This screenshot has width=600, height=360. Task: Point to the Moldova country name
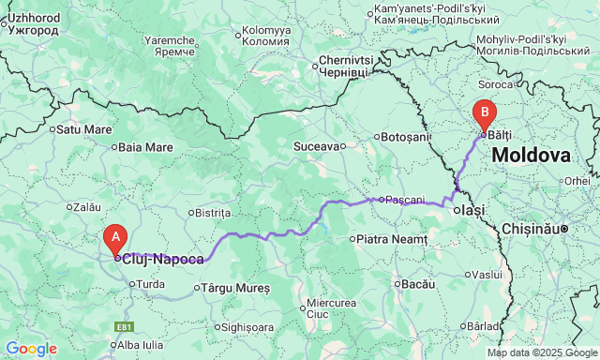[x=531, y=156]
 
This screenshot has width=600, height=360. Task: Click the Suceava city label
[x=315, y=146]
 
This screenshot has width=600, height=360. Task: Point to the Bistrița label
[x=211, y=213]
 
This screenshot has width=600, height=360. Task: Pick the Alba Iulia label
[x=142, y=344]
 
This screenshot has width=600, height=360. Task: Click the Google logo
[x=30, y=349]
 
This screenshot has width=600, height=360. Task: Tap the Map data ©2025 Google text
[x=540, y=353]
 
